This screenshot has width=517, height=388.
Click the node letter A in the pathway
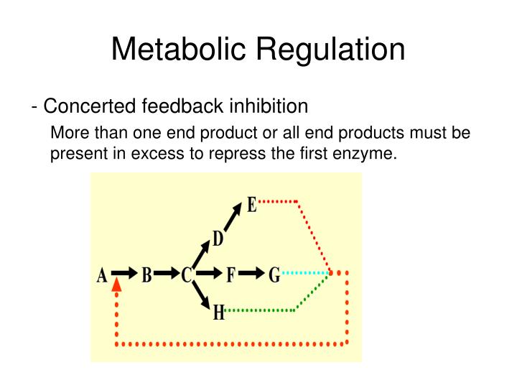click(x=102, y=275)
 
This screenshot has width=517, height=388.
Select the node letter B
click(x=146, y=275)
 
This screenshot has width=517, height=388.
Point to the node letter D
click(x=217, y=239)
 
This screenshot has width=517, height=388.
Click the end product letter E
click(x=252, y=205)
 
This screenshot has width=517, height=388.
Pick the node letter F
click(x=230, y=275)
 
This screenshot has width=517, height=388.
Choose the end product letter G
click(x=274, y=275)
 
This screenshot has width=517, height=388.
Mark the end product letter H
click(x=218, y=313)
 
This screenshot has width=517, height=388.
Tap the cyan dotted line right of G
click(x=305, y=273)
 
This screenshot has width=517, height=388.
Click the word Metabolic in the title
click(x=178, y=50)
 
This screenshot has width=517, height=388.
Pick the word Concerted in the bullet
click(x=88, y=106)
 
